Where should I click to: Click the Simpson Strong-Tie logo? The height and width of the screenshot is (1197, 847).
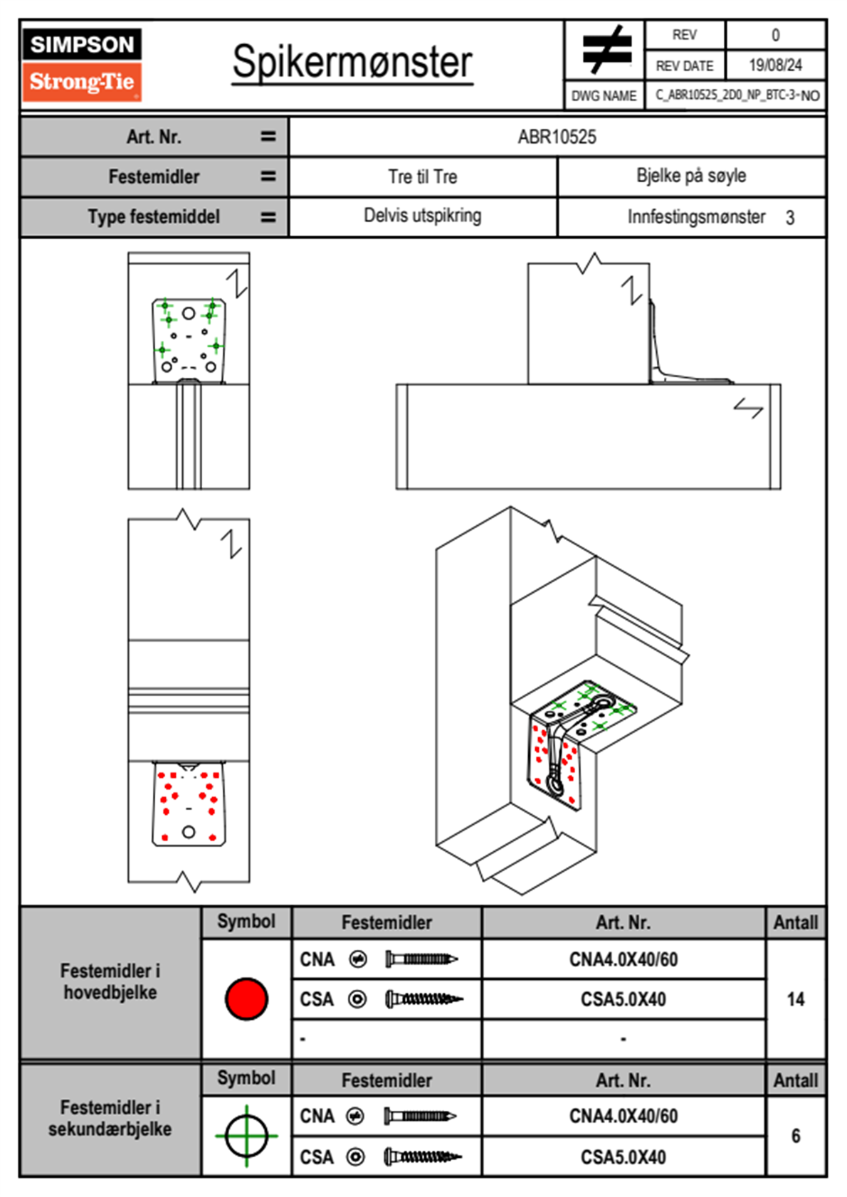tap(82, 65)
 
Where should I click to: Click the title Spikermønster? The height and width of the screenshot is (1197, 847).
tap(352, 62)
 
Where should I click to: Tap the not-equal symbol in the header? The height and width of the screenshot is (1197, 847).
tap(605, 50)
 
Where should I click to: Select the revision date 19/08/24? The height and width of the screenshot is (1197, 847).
tap(775, 65)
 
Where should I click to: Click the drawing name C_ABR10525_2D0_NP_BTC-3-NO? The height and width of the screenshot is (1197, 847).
tap(737, 95)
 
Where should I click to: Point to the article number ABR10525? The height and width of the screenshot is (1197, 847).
tap(557, 137)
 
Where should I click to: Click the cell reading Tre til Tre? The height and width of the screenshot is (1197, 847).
tap(422, 176)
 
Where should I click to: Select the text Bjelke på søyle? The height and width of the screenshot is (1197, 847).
tap(690, 176)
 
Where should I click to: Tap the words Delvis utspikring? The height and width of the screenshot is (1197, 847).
tap(422, 216)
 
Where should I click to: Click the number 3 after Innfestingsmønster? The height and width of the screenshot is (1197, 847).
tap(789, 218)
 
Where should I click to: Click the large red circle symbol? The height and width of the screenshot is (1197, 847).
tap(246, 998)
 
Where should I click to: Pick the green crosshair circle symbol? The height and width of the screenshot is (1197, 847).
tap(246, 1136)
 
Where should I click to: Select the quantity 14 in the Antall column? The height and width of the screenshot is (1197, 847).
tap(795, 999)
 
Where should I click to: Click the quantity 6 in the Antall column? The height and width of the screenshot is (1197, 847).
tap(795, 1136)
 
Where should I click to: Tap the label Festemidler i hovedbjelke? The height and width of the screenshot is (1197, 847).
tap(110, 981)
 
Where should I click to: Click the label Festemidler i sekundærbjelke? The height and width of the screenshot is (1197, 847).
tap(110, 1118)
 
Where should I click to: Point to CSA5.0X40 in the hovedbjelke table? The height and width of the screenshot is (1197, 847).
tap(623, 999)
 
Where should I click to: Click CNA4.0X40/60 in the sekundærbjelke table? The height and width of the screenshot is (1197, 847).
tap(623, 1116)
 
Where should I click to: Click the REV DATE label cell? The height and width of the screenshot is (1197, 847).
tap(684, 65)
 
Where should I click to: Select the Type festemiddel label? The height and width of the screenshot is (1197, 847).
tap(154, 216)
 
